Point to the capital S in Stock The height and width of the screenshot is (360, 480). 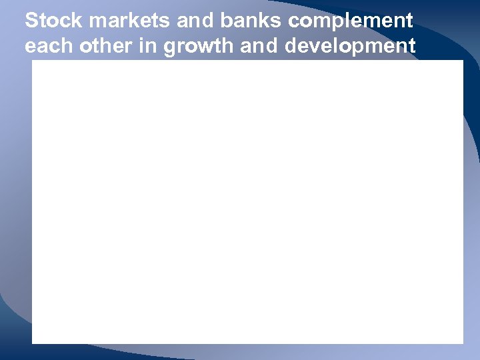(31, 21)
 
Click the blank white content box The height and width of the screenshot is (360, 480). (247, 202)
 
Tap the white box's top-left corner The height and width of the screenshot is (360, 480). (33, 61)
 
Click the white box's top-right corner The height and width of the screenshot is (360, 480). (463, 61)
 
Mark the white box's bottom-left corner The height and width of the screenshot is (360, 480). (33, 343)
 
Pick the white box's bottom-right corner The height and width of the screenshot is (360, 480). (463, 343)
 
